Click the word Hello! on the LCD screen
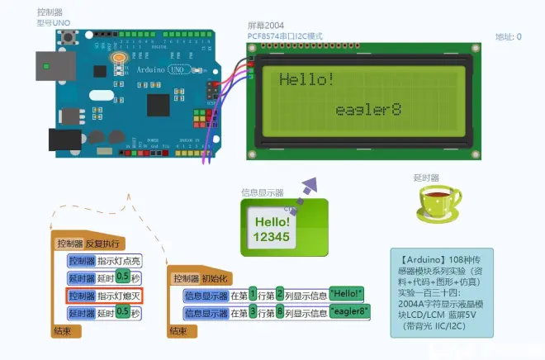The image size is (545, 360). tap(306, 80)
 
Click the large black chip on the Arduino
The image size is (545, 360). tap(160, 104)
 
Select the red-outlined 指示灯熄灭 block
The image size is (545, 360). tap(105, 296)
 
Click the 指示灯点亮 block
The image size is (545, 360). tap(105, 261)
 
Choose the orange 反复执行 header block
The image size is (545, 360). tap(88, 244)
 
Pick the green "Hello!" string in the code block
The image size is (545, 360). tap(346, 294)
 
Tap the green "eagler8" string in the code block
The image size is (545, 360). tap(348, 312)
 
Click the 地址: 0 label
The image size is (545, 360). tap(508, 37)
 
